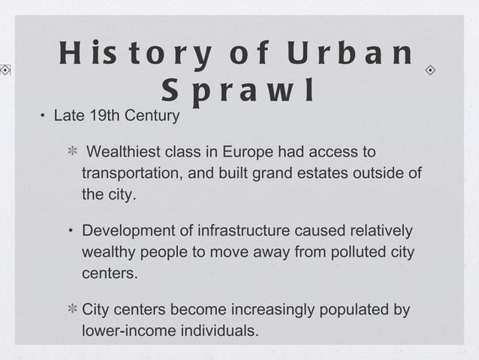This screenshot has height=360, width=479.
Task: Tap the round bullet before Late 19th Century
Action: pos(43,117)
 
